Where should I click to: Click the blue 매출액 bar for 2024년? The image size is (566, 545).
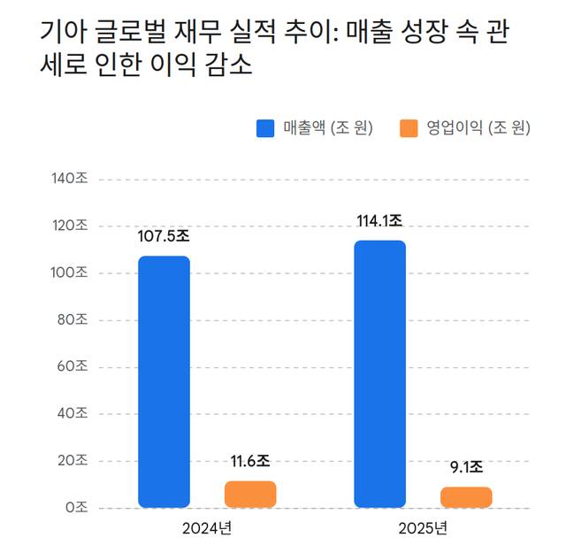tap(164, 381)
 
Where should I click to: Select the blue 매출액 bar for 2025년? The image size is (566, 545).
tap(379, 373)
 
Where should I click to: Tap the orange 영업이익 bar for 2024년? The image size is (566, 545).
tap(250, 494)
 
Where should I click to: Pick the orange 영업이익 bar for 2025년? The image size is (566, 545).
tap(466, 497)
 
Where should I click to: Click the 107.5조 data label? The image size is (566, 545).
tap(164, 237)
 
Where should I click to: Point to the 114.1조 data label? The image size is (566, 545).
tap(379, 221)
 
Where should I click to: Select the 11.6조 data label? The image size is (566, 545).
tap(250, 462)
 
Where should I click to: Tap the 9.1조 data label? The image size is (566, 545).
tap(466, 467)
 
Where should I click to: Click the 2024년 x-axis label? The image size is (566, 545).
tap(207, 528)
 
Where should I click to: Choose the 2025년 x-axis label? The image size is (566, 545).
tap(423, 528)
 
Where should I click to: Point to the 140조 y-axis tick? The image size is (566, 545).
tap(70, 180)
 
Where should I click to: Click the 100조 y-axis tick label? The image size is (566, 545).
tap(70, 273)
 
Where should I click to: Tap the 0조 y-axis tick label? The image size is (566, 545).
tap(77, 508)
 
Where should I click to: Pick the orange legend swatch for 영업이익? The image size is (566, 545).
tap(409, 129)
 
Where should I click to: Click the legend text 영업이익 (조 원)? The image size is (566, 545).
tap(478, 129)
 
